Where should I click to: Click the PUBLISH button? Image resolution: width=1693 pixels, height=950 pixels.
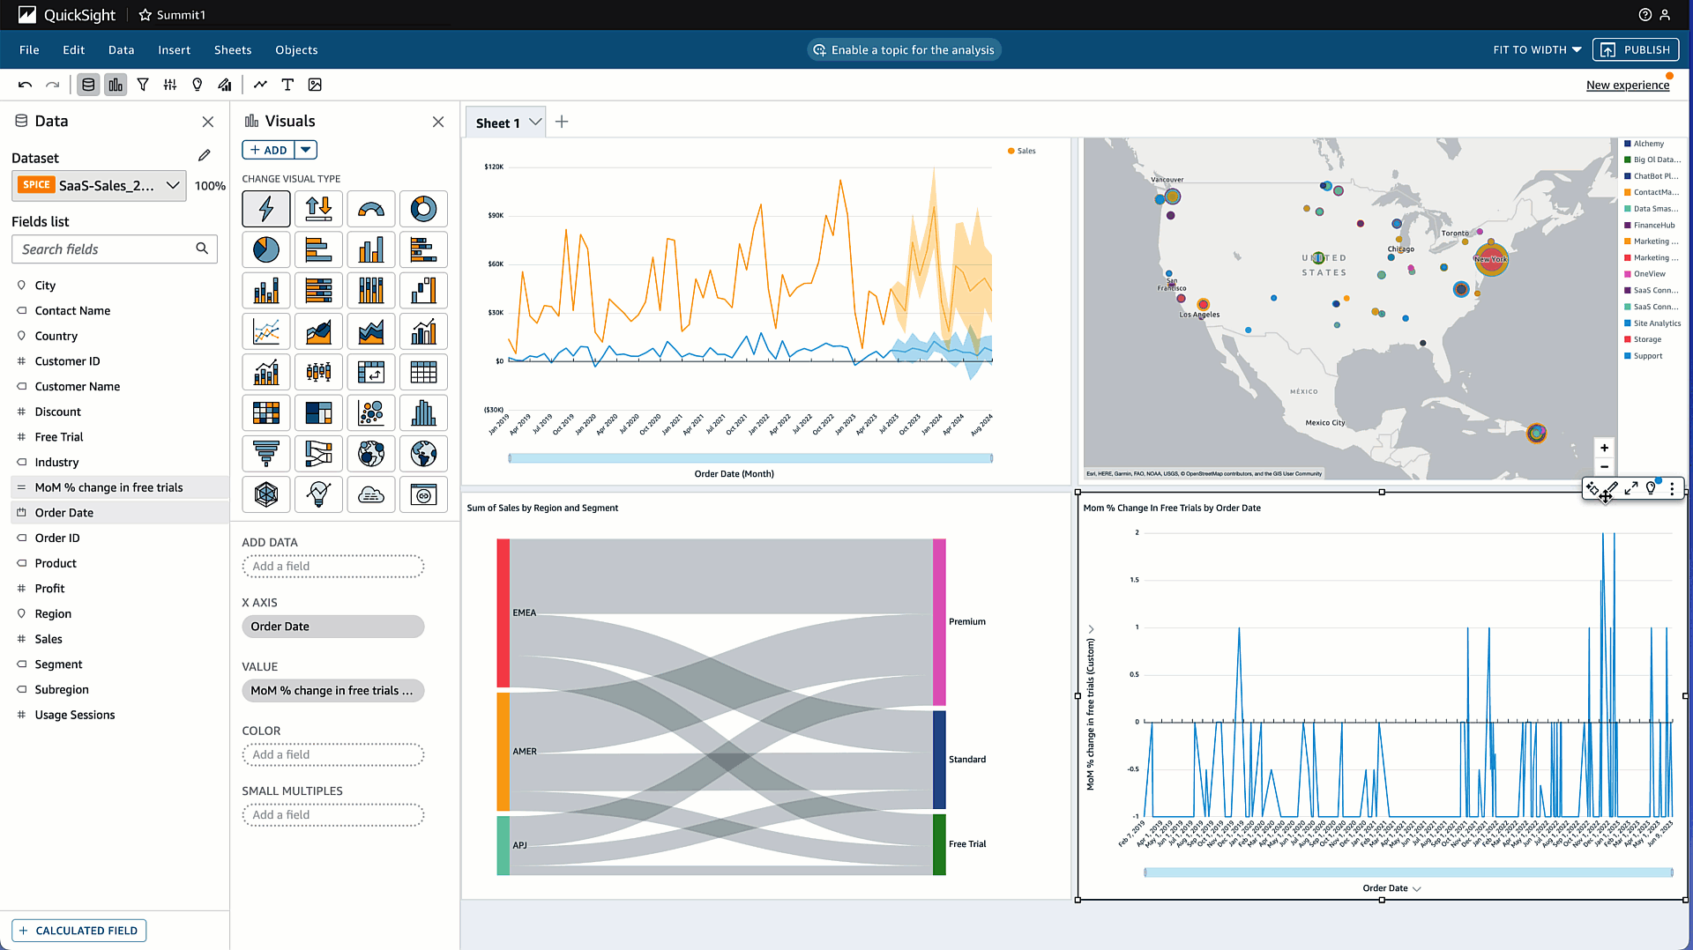coord(1636,50)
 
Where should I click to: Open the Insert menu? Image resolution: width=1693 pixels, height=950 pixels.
coord(174,50)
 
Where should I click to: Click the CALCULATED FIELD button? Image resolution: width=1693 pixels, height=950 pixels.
coord(79,931)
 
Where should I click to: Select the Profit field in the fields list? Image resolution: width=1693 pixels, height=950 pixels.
coord(49,589)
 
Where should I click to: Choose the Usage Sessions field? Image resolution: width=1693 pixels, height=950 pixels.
coord(75,715)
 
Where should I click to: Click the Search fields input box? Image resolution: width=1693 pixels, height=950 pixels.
coord(106,249)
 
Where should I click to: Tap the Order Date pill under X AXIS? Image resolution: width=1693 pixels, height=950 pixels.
coord(332,627)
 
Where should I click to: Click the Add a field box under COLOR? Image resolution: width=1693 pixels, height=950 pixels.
coord(332,754)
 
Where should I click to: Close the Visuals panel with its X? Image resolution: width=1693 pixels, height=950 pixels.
coord(438,122)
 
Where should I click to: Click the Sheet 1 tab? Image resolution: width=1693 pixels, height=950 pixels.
coord(498,123)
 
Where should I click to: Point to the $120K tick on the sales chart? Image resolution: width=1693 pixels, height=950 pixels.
coord(495,167)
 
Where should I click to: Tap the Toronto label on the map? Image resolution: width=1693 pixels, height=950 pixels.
coord(1455,234)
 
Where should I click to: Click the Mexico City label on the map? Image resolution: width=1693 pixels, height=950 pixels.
coord(1324,423)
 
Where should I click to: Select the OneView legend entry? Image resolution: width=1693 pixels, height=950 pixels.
coord(1649,274)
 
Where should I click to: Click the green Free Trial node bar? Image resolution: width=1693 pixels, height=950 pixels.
coord(939,844)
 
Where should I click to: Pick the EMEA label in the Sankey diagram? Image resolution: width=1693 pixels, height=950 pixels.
coord(524,612)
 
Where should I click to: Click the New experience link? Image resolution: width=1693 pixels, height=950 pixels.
coord(1627,85)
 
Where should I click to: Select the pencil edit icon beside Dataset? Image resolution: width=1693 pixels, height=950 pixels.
coord(205,156)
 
